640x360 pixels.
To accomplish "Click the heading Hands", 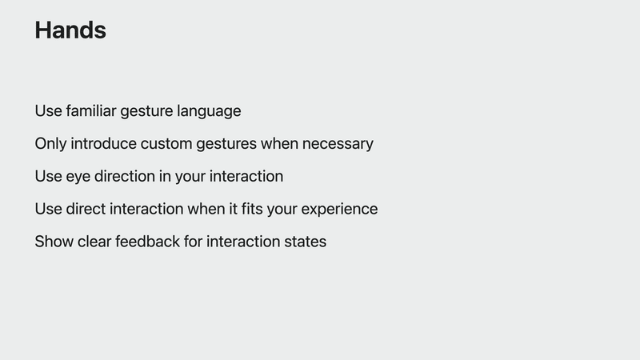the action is pos(70,30).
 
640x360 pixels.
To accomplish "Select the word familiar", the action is pos(91,110).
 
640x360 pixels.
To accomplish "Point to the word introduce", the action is pos(103,144).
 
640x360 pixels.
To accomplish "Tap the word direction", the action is pos(125,176).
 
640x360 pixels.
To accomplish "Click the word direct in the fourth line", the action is pos(86,209).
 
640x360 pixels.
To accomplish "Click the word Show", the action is pos(54,242).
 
